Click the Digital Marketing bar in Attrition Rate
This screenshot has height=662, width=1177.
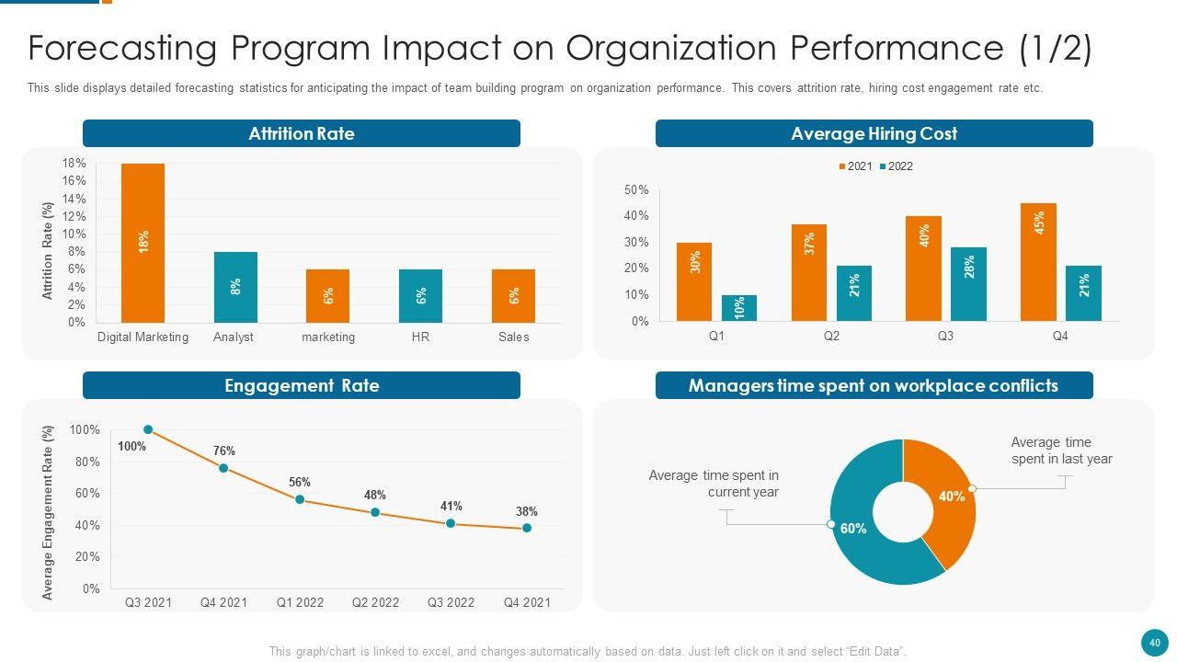(143, 243)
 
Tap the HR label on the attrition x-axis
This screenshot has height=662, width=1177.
(420, 337)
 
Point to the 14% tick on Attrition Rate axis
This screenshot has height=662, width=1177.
(74, 199)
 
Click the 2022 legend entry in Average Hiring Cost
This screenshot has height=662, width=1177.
(896, 166)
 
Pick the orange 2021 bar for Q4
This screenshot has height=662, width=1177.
(1038, 262)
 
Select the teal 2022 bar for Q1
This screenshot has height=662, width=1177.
(739, 308)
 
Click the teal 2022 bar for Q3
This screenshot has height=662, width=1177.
(968, 284)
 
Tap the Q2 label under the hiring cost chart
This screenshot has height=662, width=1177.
(831, 337)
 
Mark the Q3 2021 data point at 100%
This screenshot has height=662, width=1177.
(148, 429)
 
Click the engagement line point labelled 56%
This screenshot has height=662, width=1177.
(300, 499)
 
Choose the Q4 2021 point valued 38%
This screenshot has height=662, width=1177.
(527, 528)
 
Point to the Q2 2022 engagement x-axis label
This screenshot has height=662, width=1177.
(375, 603)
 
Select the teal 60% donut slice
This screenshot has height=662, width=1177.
(860, 533)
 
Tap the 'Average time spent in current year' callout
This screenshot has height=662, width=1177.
(714, 484)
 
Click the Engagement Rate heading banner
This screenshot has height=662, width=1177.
(302, 385)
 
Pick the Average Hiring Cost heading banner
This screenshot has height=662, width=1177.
(874, 133)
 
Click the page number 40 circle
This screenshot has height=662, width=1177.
(1153, 641)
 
